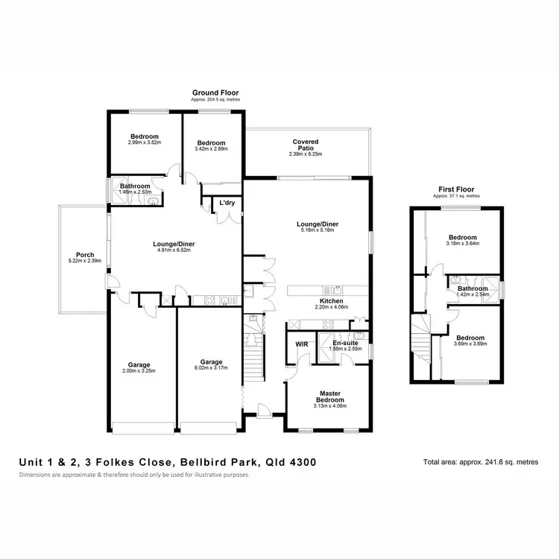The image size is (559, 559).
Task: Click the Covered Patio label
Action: coord(306,142)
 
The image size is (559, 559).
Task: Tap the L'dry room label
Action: coord(226,203)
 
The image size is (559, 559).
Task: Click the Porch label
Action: coord(75,254)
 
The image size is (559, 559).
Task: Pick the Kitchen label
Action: coord(331,300)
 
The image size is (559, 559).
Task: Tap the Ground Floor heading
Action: coord(215,93)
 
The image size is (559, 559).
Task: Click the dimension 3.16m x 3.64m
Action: coord(462,242)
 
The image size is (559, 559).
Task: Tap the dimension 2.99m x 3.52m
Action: coord(145,142)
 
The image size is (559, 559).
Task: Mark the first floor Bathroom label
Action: coord(473,288)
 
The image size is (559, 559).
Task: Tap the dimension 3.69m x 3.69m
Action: coord(471,344)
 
